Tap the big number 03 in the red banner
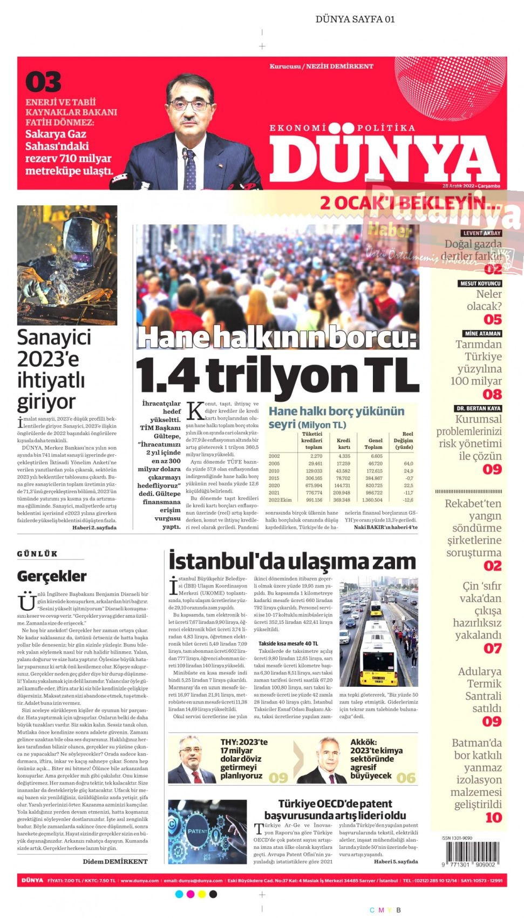pos(43,83)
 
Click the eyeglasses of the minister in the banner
pos(189,103)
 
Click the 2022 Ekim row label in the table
pos(280,500)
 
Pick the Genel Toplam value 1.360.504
pos(372,500)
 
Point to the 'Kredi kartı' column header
pos(343,443)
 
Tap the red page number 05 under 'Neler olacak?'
pos(492,320)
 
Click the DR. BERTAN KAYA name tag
pos(478,409)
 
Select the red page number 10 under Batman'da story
pos(493,818)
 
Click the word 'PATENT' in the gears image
pos(197,831)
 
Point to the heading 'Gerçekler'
pos(52,576)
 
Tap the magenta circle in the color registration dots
pos(190,894)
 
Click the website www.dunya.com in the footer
pos(140,881)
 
